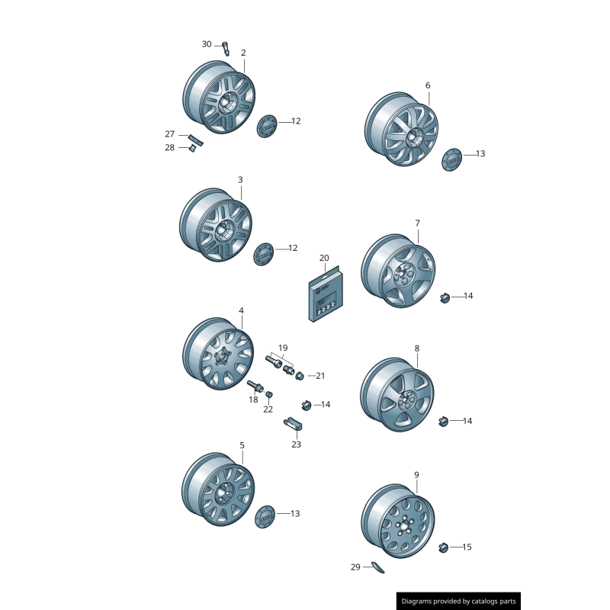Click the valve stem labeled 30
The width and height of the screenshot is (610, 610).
click(226, 49)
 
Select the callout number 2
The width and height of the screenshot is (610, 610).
click(243, 53)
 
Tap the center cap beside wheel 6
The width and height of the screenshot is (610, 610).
click(451, 159)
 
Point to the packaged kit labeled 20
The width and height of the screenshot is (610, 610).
click(326, 294)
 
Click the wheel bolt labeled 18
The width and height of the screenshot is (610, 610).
click(255, 387)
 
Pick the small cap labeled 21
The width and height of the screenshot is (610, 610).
click(299, 376)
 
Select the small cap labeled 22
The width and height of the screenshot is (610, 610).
click(269, 395)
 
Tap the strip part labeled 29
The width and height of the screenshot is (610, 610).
click(377, 567)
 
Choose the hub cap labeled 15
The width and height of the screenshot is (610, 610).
click(443, 547)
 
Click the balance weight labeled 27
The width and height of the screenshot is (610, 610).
click(196, 140)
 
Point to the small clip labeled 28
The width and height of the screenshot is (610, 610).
click(192, 148)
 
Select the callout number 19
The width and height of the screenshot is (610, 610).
click(283, 348)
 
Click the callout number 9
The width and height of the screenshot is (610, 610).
click(416, 475)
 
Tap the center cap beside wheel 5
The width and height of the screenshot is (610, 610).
click(265, 517)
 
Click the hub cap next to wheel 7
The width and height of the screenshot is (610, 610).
click(445, 298)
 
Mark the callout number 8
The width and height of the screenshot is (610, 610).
click(417, 348)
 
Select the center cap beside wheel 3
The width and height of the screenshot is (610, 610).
click(263, 254)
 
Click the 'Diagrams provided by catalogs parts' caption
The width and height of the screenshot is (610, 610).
click(459, 602)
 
